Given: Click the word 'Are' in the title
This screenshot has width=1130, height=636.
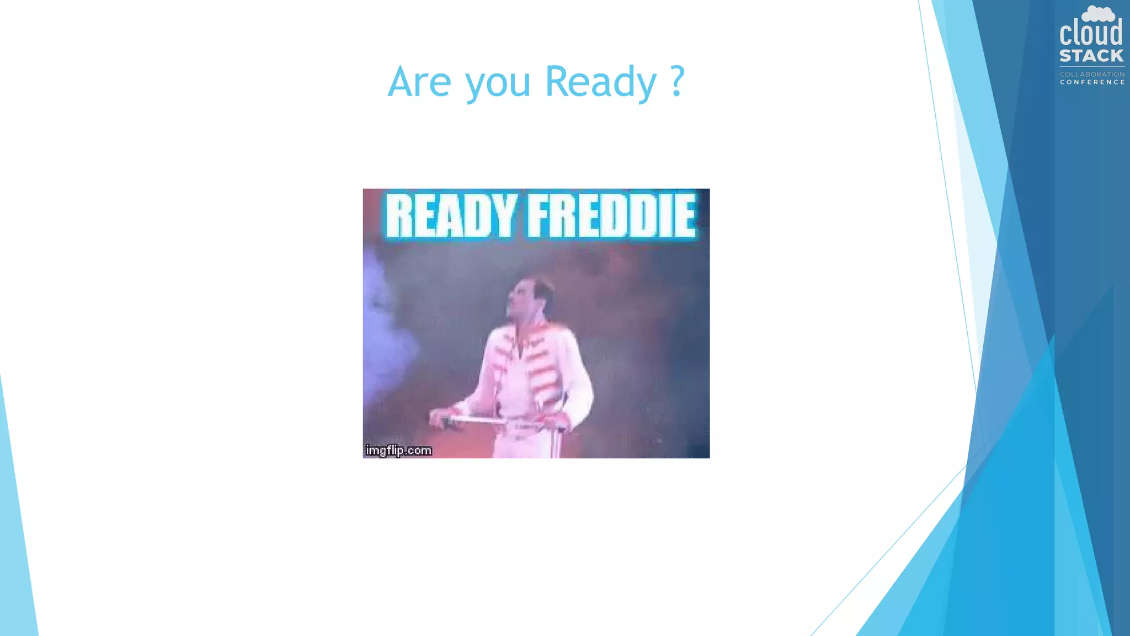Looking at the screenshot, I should (x=419, y=82).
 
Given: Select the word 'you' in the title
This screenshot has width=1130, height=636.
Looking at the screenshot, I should (x=498, y=84).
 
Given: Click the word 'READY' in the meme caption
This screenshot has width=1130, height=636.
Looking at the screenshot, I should (x=450, y=215).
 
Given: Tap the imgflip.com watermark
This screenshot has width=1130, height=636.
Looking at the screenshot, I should (x=398, y=451).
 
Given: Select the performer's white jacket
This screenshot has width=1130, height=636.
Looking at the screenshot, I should (x=530, y=370).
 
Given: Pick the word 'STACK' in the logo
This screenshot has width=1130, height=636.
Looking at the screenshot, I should (x=1091, y=56).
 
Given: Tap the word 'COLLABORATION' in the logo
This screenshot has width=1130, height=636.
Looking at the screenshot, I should (x=1092, y=75).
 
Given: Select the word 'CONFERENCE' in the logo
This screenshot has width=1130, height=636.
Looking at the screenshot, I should (x=1092, y=82).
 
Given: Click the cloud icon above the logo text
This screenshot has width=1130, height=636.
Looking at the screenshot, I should (x=1098, y=13).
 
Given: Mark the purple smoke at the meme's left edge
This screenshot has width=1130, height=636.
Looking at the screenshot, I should (x=386, y=331).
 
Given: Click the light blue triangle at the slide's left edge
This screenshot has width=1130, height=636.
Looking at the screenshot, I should (x=17, y=552).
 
